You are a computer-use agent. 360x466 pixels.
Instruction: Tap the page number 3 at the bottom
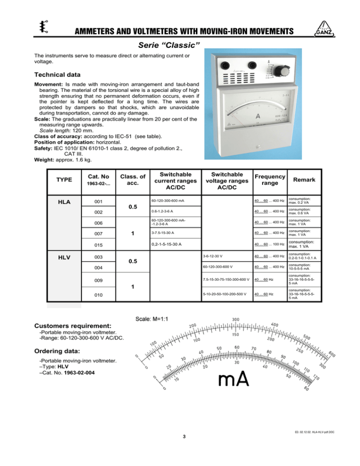pos(185,437)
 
